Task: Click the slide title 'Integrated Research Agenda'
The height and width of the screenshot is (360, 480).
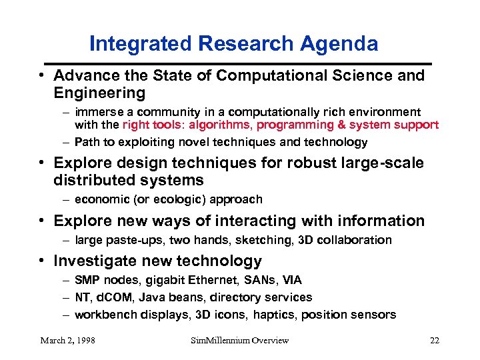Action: [x=233, y=44]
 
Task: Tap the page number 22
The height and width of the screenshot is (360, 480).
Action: [x=434, y=341]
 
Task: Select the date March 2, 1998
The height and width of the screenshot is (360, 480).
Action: [x=67, y=341]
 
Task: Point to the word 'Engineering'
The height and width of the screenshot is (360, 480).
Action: [x=99, y=92]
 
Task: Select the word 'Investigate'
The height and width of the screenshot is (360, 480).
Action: [x=96, y=261]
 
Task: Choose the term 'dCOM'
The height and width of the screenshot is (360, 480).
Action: [x=113, y=297]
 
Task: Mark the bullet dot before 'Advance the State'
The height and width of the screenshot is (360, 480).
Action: [x=41, y=76]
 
